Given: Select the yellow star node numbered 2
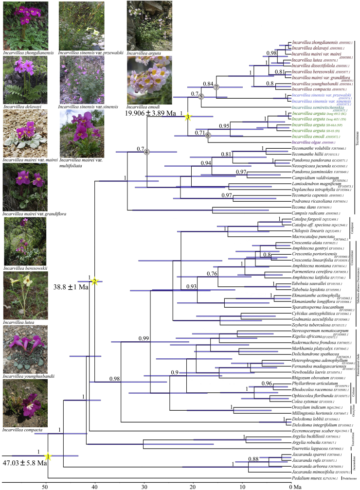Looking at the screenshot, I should [95, 281].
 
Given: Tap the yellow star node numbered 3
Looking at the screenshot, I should [187, 117].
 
